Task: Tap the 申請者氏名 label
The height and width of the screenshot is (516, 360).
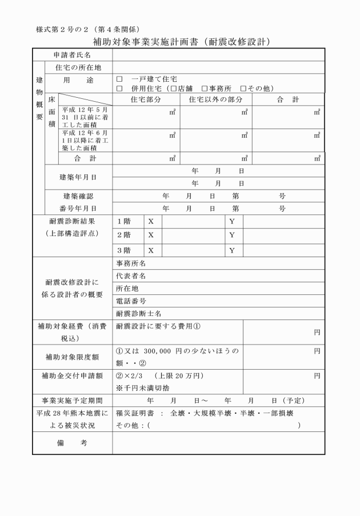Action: tap(73, 55)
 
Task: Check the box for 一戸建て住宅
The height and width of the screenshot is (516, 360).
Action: tap(119, 78)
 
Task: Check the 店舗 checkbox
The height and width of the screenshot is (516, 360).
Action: tap(174, 89)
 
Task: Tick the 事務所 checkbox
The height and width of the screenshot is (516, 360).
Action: tap(204, 89)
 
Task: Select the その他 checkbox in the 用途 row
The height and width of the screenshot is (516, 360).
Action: tap(243, 89)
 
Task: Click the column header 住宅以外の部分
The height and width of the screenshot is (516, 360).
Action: tap(215, 99)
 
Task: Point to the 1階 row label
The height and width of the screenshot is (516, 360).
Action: tap(123, 221)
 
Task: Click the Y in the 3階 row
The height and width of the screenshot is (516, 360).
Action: tap(232, 250)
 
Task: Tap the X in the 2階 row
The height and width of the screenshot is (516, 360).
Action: tap(151, 235)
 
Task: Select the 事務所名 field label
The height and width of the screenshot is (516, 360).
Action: tap(131, 263)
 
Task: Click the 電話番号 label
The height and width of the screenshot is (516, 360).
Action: tap(131, 301)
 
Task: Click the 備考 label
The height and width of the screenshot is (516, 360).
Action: tap(72, 443)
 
